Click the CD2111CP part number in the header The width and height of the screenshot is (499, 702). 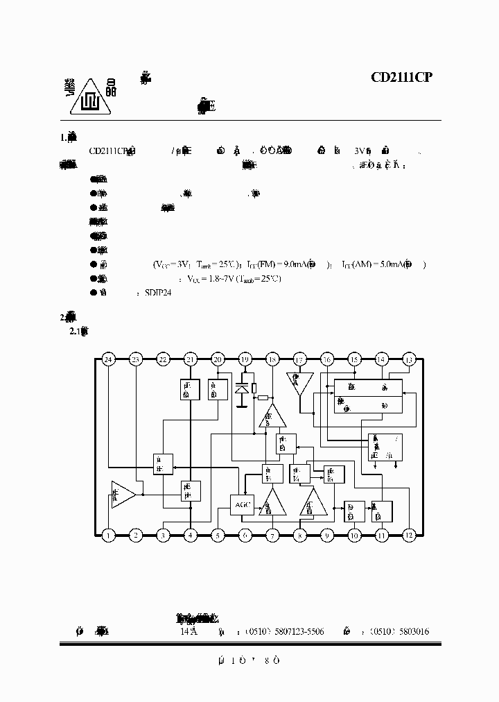(x=401, y=78)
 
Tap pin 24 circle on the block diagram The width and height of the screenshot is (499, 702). (x=108, y=359)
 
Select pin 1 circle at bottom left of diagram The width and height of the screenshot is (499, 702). (x=108, y=535)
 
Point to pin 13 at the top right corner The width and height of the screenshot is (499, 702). (x=408, y=359)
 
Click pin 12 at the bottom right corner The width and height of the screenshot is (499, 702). (x=408, y=535)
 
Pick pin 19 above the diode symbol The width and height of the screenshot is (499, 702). (x=245, y=359)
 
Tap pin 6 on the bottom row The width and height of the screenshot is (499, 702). (x=245, y=535)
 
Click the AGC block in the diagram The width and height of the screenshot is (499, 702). (x=241, y=504)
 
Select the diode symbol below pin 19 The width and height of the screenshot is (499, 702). (x=241, y=391)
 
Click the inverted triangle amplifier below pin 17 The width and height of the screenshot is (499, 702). (x=299, y=384)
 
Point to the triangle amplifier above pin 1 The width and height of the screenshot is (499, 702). (x=123, y=495)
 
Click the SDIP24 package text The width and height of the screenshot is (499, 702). (x=157, y=293)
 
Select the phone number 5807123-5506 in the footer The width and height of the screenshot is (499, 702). (x=295, y=632)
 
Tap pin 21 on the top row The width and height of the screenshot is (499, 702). (x=190, y=359)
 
